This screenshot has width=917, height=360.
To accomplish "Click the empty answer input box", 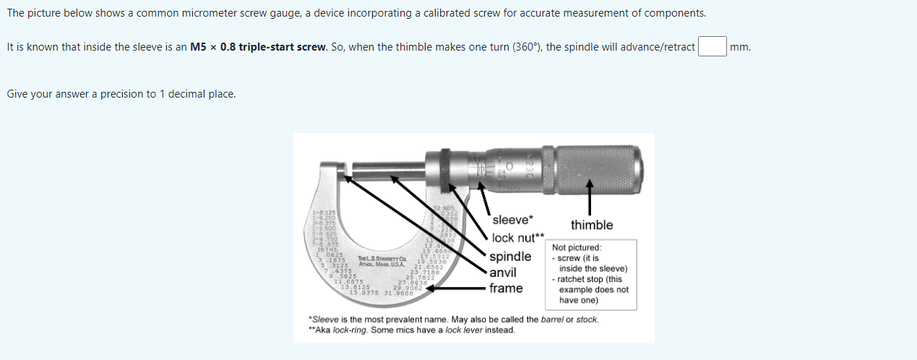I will click(711, 47).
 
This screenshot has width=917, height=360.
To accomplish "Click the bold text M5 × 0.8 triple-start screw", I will click(258, 47).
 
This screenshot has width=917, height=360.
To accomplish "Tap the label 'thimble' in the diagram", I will click(591, 225).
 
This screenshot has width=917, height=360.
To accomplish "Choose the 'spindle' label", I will click(510, 257).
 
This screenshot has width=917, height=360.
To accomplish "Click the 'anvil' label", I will click(503, 273).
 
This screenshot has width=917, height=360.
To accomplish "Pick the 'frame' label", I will click(506, 288).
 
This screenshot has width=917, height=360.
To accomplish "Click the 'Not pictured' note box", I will click(590, 274).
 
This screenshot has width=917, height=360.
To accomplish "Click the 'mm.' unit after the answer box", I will click(740, 47).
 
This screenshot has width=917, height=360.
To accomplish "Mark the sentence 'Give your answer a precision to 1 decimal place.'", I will click(121, 94).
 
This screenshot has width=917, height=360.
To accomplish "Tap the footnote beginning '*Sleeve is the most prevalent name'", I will click(453, 320).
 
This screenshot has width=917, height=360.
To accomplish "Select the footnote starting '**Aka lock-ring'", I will click(412, 330).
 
